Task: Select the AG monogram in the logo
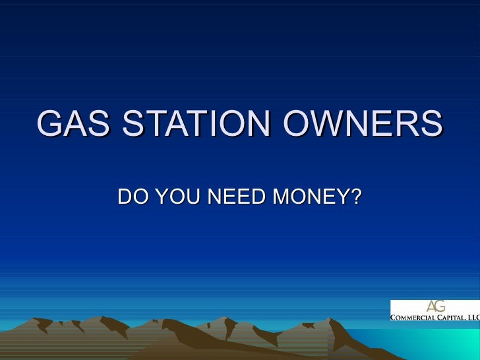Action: pos(435,307)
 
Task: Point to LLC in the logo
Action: pos(473,317)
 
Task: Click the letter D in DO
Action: pos(124,196)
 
